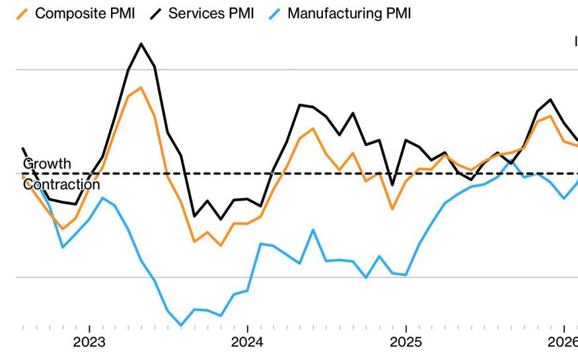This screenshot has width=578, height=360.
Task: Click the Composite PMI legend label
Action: [85, 13]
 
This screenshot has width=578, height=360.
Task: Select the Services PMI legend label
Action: [211, 13]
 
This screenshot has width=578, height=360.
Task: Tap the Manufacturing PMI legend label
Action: [349, 13]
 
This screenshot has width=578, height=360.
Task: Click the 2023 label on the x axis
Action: [89, 342]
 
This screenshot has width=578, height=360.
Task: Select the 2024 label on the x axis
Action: [247, 342]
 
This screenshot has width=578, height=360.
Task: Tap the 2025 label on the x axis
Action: [405, 342]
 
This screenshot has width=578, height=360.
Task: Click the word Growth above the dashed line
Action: [47, 163]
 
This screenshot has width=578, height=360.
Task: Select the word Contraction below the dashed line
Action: [61, 184]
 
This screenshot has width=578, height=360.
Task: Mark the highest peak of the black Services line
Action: [141, 44]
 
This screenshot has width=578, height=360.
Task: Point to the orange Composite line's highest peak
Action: [141, 87]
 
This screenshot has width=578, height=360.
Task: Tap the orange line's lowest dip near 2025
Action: [392, 209]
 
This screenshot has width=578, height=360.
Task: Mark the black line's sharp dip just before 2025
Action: [392, 185]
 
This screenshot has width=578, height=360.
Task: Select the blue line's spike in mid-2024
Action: [313, 230]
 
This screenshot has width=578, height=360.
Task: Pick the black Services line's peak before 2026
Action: [551, 100]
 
